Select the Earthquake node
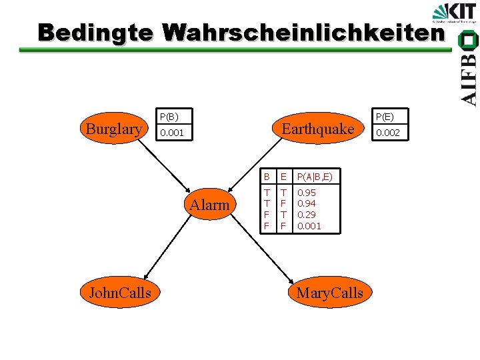tap(318, 129)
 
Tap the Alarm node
tap(209, 205)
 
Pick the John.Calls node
tap(115, 292)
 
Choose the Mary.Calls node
tap(329, 292)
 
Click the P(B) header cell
tap(167, 116)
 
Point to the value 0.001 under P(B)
tap(171, 133)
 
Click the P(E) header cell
tap(384, 116)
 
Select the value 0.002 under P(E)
tap(388, 133)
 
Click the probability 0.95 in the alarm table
tap(307, 193)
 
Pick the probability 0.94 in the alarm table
tap(307, 203)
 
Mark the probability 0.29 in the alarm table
tap(307, 215)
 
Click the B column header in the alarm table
tap(267, 177)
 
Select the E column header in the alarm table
tap(283, 177)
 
